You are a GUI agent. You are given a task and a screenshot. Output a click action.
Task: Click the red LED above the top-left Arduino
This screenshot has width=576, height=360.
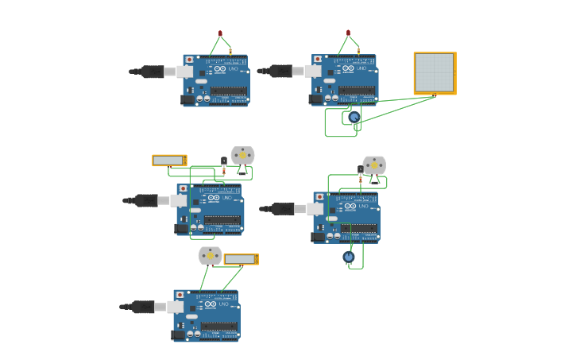(x=220, y=33)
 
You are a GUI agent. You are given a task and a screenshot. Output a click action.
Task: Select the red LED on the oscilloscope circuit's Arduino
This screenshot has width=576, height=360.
(x=348, y=33)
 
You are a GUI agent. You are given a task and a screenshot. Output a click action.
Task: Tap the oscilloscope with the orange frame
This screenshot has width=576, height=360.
(x=435, y=73)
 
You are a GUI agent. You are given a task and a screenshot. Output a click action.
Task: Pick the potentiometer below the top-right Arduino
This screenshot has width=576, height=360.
(x=354, y=118)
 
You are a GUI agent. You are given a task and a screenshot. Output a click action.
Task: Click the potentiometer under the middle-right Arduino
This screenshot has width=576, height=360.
(x=348, y=257)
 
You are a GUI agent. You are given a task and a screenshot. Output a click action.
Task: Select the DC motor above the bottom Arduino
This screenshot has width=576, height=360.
(x=210, y=255)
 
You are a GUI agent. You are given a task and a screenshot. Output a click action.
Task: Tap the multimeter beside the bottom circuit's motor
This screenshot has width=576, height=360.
(x=241, y=259)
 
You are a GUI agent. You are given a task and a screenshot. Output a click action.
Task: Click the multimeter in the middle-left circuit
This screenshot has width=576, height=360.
(x=169, y=161)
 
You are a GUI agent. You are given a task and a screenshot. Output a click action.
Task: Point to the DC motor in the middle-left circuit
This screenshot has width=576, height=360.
(x=242, y=155)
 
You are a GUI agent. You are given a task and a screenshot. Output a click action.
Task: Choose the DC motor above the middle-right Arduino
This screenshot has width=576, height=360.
(x=374, y=165)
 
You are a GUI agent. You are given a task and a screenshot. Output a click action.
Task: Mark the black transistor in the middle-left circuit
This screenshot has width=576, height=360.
(x=224, y=161)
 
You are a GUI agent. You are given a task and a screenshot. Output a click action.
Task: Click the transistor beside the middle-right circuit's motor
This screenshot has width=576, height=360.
(x=360, y=169)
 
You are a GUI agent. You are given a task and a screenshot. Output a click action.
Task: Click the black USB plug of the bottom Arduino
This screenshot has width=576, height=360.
(x=144, y=307)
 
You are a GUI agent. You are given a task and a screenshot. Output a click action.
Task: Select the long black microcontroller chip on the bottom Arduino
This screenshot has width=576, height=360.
(x=219, y=327)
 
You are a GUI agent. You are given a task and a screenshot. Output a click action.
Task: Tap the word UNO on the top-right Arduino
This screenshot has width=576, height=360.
(x=361, y=68)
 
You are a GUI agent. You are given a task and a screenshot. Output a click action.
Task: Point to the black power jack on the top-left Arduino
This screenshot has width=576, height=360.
(x=188, y=99)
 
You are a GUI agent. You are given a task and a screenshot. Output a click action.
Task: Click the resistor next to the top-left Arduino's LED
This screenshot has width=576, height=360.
(x=230, y=51)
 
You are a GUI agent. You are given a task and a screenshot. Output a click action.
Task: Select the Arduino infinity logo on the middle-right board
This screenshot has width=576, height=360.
(x=350, y=206)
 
